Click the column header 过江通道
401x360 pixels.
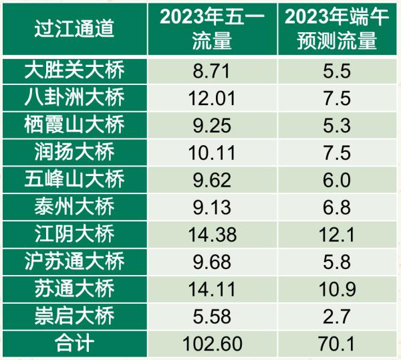[74, 29]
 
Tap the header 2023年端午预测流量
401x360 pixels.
[335, 29]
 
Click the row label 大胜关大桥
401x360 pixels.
[74, 71]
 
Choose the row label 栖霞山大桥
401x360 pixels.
[74, 125]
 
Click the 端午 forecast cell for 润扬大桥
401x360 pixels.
[335, 153]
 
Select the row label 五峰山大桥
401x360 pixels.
[74, 180]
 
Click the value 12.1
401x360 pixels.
[335, 234]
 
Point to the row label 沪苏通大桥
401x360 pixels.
[74, 262]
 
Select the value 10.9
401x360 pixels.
[335, 289]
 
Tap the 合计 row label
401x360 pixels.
[74, 343]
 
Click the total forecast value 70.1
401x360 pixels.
[335, 343]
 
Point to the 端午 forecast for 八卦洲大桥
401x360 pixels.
[335, 98]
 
